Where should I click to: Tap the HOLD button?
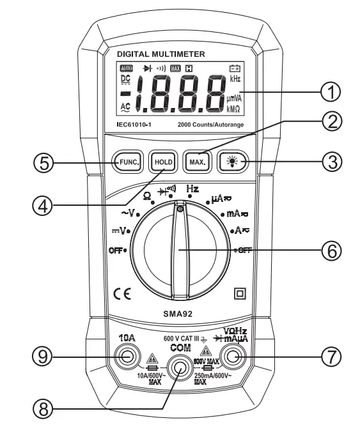pyautogui.click(x=160, y=162)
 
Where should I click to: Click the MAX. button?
pyautogui.click(x=194, y=162)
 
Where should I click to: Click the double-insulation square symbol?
pyautogui.click(x=241, y=294)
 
